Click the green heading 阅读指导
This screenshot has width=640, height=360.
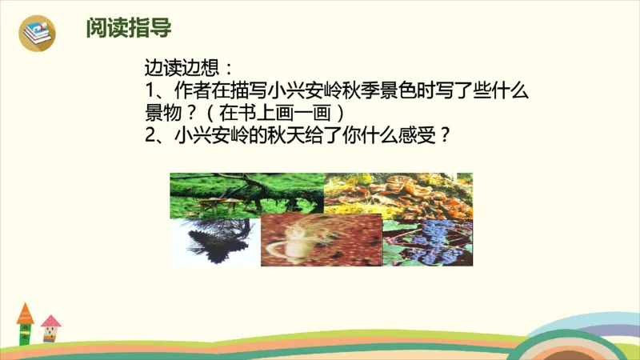coord(129,30)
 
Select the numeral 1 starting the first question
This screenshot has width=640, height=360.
coord(149,90)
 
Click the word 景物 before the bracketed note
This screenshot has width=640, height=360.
coord(163,112)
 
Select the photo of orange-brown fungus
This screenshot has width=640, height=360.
coord(398,196)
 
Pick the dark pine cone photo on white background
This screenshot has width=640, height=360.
coord(214,241)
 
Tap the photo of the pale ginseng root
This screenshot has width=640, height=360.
coord(321,239)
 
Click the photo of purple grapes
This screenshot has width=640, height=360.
coord(427,242)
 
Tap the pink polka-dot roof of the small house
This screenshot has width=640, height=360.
coord(51,322)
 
